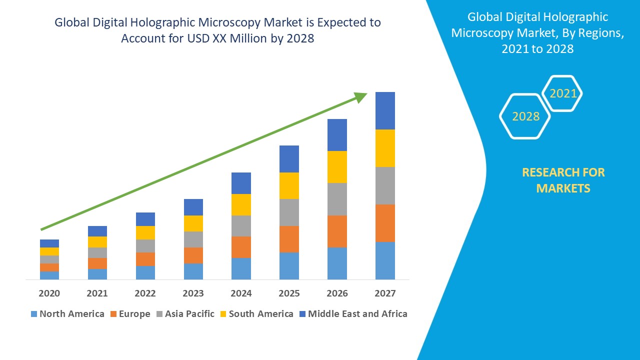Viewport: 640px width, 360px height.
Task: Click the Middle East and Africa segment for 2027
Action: coord(385,110)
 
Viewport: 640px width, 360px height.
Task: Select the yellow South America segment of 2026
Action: coord(337,167)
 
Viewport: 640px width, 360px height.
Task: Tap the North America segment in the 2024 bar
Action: coord(241,268)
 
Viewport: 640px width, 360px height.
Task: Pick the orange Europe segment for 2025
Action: coord(289,239)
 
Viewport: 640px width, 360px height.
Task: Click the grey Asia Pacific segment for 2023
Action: coord(193,239)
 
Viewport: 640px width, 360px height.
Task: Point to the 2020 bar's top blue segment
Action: coord(49,243)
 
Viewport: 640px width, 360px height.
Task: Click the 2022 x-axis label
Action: coord(145,293)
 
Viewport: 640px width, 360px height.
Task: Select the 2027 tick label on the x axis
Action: coord(385,293)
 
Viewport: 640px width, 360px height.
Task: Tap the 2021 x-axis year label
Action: coord(97,293)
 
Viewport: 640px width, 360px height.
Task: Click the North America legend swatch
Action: coord(34,314)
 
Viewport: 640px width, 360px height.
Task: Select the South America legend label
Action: coord(260,314)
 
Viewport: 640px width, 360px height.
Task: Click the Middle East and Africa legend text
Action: coord(357,314)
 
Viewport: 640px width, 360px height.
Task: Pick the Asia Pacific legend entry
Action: coord(189,314)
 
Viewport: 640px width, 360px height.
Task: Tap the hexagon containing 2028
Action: coord(525,116)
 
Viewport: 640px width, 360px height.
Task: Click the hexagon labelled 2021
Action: coord(563,93)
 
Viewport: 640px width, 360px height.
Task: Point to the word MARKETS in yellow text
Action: coord(563,188)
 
